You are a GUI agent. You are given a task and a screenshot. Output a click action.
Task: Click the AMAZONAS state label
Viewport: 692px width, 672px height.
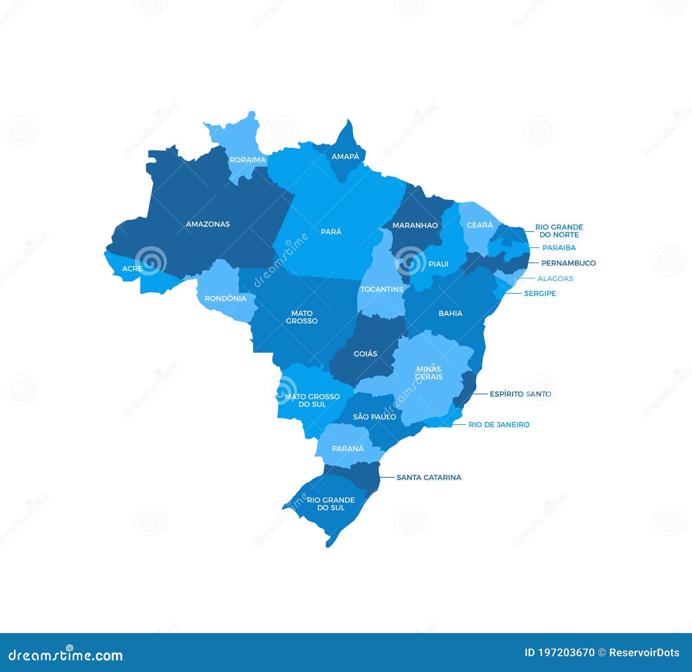pos(208,224)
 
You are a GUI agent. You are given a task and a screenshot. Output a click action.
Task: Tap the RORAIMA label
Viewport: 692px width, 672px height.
pos(247,160)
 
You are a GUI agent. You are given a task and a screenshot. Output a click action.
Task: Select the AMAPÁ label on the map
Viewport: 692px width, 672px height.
pos(345,157)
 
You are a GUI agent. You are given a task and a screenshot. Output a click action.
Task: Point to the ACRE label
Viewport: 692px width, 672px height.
pos(132,269)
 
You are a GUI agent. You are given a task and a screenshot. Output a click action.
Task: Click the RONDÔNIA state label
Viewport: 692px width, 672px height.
pos(225,299)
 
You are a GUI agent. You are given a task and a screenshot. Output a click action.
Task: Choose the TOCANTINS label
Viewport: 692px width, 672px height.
pos(381,289)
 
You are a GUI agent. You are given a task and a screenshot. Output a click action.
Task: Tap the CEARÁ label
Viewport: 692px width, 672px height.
pos(480,225)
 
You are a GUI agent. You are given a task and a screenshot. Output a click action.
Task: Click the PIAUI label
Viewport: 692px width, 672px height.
pos(438,264)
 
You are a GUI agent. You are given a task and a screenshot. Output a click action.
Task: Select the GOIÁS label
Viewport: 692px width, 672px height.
pos(365,354)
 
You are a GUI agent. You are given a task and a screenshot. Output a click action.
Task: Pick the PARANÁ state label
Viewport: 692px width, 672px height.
pos(348,449)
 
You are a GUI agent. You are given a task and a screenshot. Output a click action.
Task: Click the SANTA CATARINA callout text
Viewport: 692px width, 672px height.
pos(429,478)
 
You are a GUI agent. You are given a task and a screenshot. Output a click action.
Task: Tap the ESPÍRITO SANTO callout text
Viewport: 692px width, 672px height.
pos(520,394)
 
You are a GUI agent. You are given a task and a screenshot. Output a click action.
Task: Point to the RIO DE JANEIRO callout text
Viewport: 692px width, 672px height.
pos(499,425)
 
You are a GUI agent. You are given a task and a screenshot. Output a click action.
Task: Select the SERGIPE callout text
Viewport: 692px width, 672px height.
pos(540,293)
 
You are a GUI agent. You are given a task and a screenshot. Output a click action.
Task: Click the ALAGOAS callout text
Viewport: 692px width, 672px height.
pos(555,279)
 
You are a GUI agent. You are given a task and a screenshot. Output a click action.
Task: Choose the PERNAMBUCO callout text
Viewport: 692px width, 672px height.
pos(568,263)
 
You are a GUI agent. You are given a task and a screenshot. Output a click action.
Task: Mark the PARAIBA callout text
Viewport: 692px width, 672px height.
pos(559,248)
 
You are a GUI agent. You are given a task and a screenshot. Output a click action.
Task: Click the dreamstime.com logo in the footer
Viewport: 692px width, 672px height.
pos(66,656)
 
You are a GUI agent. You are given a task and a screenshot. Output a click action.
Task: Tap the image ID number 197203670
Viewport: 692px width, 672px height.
pos(566,653)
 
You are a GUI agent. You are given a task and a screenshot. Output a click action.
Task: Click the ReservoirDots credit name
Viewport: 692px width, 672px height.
pos(644,653)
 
